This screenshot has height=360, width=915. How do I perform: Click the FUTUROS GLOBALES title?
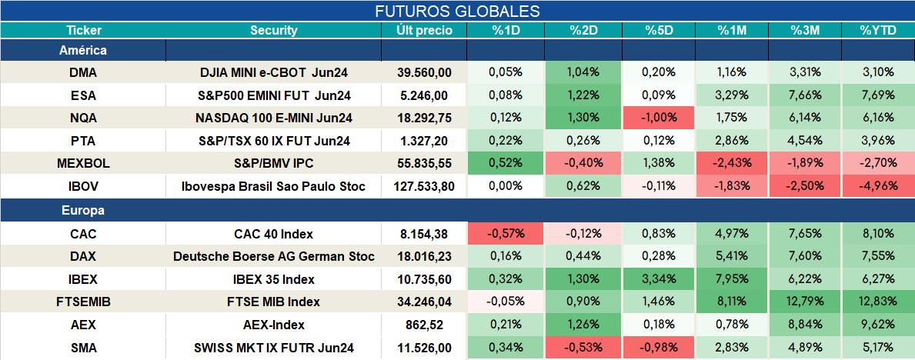(457, 11)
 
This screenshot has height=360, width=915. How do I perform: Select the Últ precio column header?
(424, 31)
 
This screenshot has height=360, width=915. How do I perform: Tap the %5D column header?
(658, 31)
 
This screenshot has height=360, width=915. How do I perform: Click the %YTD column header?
(877, 31)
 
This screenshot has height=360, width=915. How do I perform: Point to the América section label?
(83, 50)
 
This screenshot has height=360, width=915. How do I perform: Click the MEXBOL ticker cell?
(83, 164)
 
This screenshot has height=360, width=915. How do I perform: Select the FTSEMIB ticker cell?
(83, 302)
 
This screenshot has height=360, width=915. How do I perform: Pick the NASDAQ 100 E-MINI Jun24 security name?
(274, 118)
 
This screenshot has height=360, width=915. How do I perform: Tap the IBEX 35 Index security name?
(274, 279)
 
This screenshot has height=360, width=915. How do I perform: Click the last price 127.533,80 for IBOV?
(424, 187)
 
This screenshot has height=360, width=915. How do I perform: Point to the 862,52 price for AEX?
(424, 325)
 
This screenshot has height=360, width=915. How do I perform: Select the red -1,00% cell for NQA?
(659, 118)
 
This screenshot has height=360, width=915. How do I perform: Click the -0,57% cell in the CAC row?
(506, 234)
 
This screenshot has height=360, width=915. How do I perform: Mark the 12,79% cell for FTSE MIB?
(805, 302)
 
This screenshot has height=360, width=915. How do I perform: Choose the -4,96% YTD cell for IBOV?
(877, 187)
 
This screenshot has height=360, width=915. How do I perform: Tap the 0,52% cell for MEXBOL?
(506, 164)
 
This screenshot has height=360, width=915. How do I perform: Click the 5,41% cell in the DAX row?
(732, 257)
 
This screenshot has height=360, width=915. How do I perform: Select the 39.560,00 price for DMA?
(424, 72)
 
